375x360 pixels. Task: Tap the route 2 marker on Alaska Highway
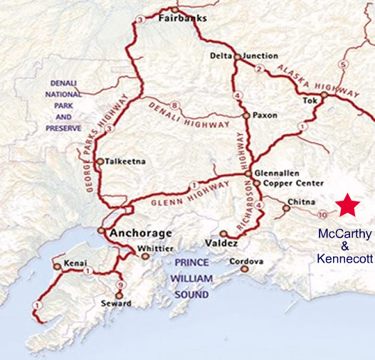click(x=259, y=69)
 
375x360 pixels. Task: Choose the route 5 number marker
click(x=343, y=65)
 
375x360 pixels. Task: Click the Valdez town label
click(x=242, y=235)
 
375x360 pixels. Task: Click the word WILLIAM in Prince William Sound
click(x=193, y=277)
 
